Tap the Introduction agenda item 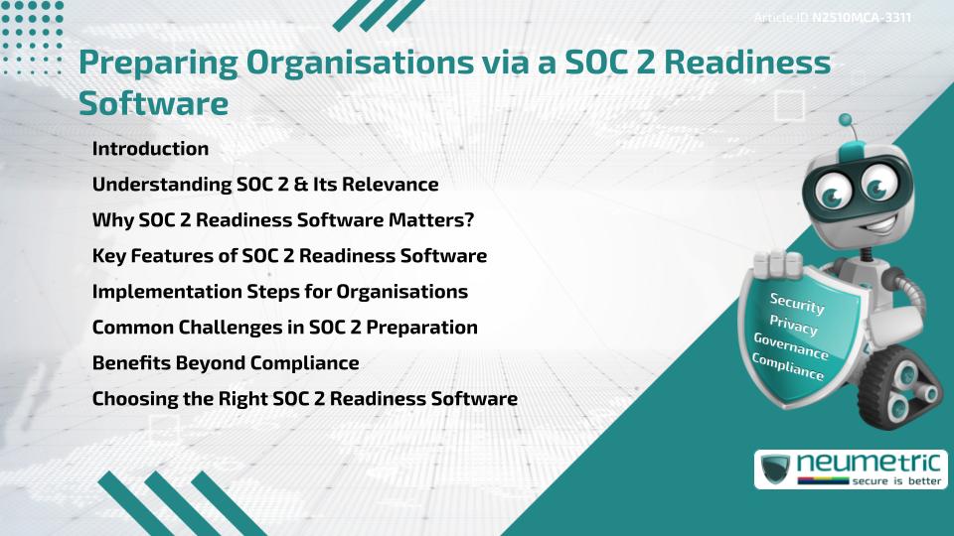coord(150,149)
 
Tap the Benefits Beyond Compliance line coord(226,363)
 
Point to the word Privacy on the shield coord(793,325)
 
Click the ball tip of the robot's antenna coord(846,121)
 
